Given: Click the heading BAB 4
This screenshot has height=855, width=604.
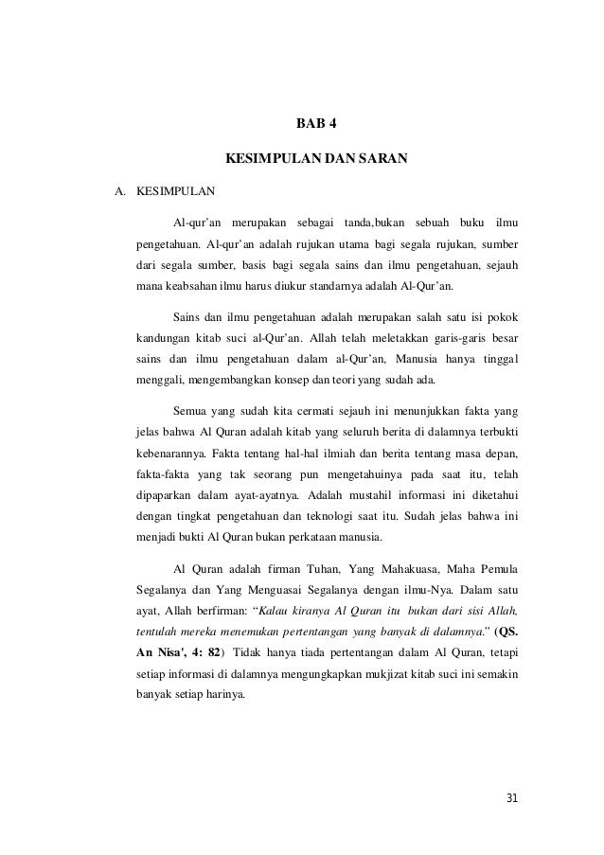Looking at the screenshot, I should [316, 125].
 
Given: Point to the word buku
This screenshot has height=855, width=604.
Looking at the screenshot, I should [471, 223].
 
